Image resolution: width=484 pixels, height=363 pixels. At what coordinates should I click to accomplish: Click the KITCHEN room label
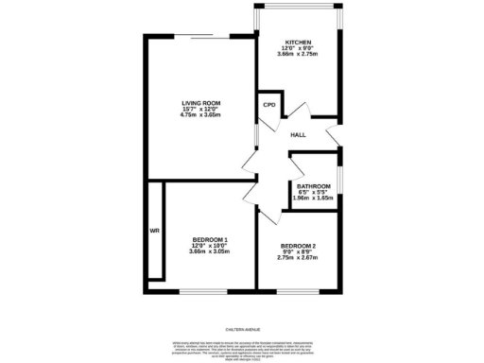[298, 42]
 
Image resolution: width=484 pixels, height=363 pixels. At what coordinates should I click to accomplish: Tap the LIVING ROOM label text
[201, 103]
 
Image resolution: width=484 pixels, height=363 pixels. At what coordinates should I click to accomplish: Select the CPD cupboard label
[268, 105]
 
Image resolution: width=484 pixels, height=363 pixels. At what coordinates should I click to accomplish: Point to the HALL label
[298, 135]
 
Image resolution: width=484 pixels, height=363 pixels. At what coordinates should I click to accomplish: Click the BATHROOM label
[314, 186]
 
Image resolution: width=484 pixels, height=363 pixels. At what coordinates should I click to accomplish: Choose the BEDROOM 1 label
[210, 239]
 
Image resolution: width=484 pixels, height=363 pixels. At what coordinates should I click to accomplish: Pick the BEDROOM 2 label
[298, 247]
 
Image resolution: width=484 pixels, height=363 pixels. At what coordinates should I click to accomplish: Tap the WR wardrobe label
[153, 231]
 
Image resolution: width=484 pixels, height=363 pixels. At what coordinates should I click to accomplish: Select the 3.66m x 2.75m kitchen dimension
[298, 53]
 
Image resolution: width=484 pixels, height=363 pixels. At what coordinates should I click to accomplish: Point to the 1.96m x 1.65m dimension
[314, 199]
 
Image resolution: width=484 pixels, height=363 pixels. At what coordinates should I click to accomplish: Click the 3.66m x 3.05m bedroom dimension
[210, 251]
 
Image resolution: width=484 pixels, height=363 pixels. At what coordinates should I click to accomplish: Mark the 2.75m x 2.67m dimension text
[298, 258]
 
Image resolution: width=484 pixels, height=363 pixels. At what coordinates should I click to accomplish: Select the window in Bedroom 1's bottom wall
[202, 290]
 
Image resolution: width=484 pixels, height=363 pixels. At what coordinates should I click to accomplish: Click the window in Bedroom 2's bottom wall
[298, 290]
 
